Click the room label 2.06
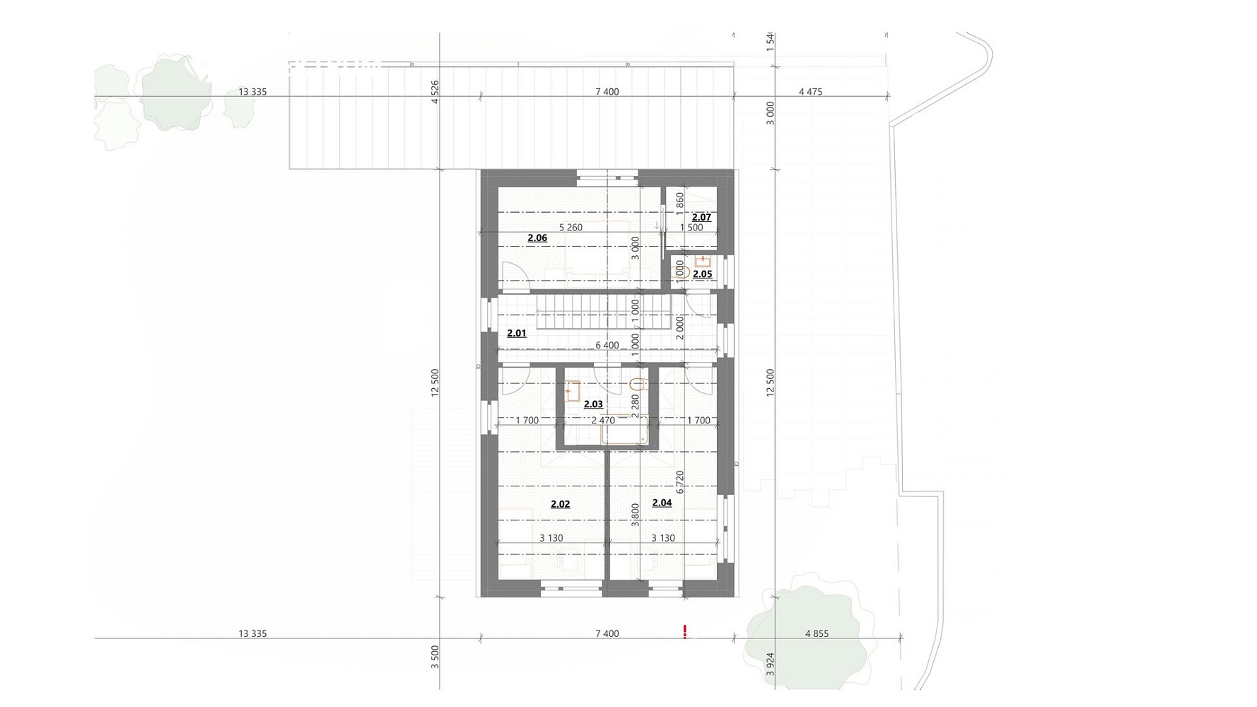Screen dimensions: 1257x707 (x=537, y=238)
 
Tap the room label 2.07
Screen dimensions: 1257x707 (x=701, y=217)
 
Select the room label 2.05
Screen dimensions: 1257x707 (x=702, y=274)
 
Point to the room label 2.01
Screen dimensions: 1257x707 (x=517, y=333)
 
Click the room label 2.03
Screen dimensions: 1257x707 (x=593, y=404)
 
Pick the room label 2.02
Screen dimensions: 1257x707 (x=560, y=504)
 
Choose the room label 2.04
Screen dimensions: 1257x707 (x=662, y=503)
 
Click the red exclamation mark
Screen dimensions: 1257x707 (x=684, y=632)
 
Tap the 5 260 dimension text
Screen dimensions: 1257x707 (x=571, y=228)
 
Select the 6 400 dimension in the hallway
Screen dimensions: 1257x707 (x=607, y=346)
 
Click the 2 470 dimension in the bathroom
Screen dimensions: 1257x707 (x=603, y=421)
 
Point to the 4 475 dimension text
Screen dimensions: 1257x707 (x=810, y=92)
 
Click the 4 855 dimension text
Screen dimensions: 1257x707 (x=817, y=634)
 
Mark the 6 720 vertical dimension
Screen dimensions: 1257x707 (x=680, y=481)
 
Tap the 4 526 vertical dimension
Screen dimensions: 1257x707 (x=435, y=92)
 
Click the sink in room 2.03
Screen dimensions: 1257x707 (x=573, y=391)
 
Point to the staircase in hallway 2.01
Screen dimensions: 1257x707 (x=604, y=312)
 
